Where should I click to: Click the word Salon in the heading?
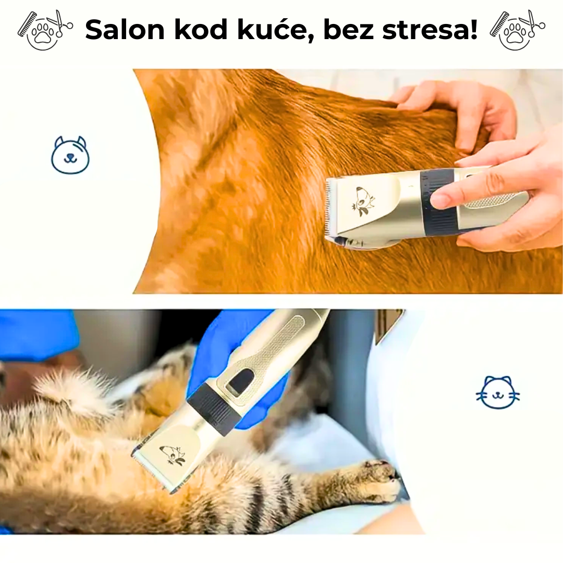coord(125,30)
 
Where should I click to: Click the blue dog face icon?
coord(70,155)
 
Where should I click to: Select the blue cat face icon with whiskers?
coord(498,393)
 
